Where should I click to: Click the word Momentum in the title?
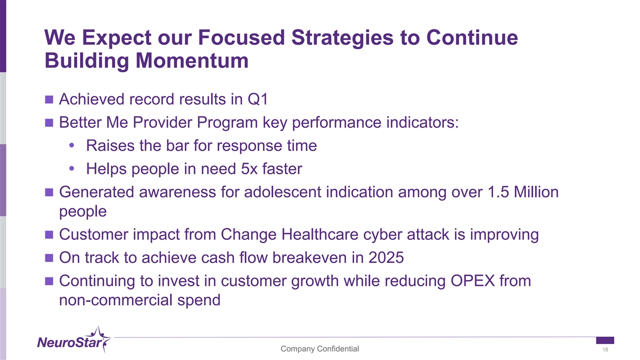tap(192, 61)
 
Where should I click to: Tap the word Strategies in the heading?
tap(342, 38)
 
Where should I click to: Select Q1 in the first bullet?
tap(258, 99)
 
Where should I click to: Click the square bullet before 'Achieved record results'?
tap(49, 99)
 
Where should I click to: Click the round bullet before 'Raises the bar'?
tap(71, 146)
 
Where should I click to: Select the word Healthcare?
tap(319, 234)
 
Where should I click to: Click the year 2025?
tap(386, 258)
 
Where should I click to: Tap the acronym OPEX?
tap(473, 281)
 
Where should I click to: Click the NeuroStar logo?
tap(74, 340)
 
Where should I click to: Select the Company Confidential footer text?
tap(319, 349)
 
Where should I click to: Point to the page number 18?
tap(605, 349)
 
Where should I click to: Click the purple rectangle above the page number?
tap(605, 340)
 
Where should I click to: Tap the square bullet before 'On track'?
tap(49, 258)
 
